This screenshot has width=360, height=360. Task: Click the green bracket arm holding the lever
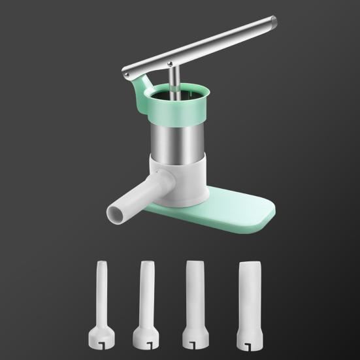pyautogui.click(x=139, y=91)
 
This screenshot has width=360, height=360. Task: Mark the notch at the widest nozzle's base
pyautogui.click(x=252, y=340)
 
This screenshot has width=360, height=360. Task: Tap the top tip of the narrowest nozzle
pyautogui.click(x=102, y=263)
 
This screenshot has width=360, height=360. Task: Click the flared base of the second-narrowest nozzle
pyautogui.click(x=146, y=335)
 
